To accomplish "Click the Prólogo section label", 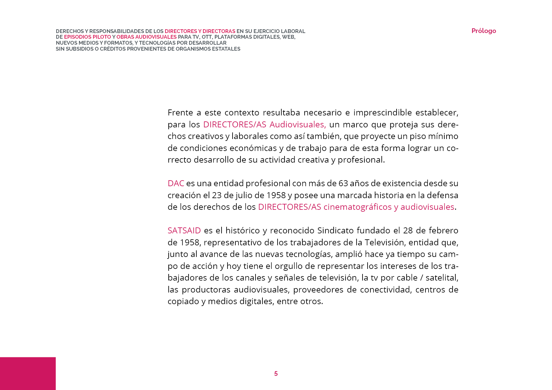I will [483, 31].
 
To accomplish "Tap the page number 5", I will [276, 374].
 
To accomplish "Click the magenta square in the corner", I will [28, 373].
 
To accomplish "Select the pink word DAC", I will [176, 183].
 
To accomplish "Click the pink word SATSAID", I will [184, 231].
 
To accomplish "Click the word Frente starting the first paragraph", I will [180, 113].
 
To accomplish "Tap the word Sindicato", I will [335, 231].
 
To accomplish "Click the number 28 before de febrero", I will [408, 231].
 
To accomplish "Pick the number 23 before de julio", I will [217, 195].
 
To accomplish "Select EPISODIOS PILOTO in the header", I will [87, 37].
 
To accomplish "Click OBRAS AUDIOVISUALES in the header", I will [146, 37].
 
